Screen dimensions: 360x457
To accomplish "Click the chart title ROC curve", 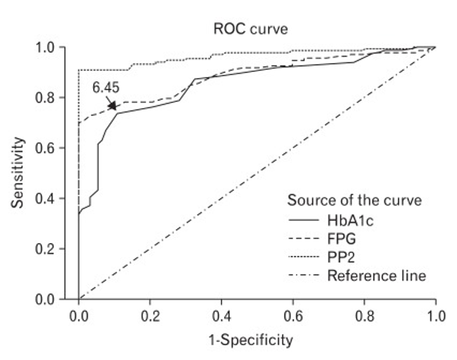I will click(x=245, y=28).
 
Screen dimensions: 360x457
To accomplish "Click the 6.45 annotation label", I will click(x=106, y=87).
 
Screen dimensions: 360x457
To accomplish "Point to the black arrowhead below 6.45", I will click(x=113, y=106).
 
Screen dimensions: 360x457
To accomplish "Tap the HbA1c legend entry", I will click(x=348, y=220).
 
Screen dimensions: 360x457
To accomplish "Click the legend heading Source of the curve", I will click(x=354, y=200).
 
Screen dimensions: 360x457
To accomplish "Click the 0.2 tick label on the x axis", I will click(x=149, y=315).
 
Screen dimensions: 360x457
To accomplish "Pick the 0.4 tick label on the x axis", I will click(x=221, y=315).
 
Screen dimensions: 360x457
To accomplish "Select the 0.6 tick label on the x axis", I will click(x=292, y=315).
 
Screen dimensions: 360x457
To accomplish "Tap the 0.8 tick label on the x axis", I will click(x=363, y=315).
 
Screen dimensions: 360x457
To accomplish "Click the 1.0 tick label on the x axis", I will click(x=435, y=315).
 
